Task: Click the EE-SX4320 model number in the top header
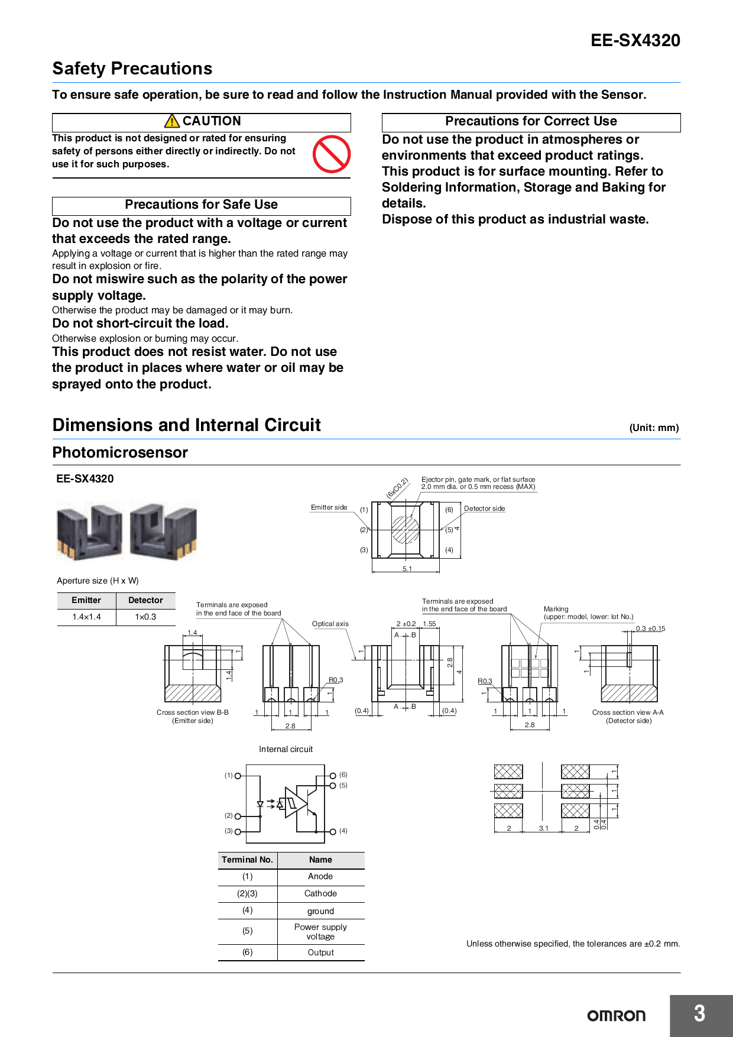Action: click(x=635, y=40)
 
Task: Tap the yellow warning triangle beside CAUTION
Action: click(x=172, y=121)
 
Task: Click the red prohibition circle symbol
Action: click(x=332, y=154)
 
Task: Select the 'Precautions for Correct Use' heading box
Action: click(x=531, y=122)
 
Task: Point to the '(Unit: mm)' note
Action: click(x=654, y=427)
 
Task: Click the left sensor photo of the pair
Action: click(x=89, y=532)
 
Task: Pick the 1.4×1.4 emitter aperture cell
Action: click(x=86, y=617)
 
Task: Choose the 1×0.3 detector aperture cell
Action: click(x=145, y=617)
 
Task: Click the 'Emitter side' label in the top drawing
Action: click(x=329, y=507)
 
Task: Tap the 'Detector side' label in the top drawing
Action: click(x=484, y=508)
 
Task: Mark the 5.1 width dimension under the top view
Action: click(x=407, y=569)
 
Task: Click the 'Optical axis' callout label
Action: click(x=330, y=624)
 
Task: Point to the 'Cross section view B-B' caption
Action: click(x=192, y=712)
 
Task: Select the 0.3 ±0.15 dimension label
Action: click(x=650, y=628)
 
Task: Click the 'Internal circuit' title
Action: click(x=286, y=749)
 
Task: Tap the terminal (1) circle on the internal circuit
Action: click(x=238, y=776)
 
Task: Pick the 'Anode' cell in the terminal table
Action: click(x=320, y=877)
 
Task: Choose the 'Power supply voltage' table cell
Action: click(x=320, y=932)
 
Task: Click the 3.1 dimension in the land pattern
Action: click(x=543, y=828)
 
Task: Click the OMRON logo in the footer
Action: click(x=616, y=1016)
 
